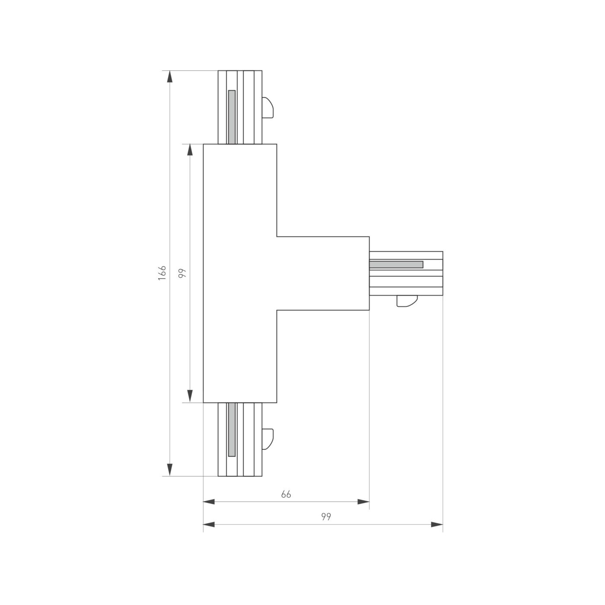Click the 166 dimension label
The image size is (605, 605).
pyautogui.click(x=162, y=273)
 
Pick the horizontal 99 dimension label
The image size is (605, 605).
pyautogui.click(x=326, y=517)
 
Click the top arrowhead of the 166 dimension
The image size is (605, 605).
pyautogui.click(x=170, y=76)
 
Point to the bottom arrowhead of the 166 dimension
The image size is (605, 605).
pyautogui.click(x=170, y=470)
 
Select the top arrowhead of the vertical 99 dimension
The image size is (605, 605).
pyautogui.click(x=190, y=150)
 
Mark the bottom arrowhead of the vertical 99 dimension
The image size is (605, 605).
pyautogui.click(x=190, y=396)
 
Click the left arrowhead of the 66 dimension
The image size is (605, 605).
pyautogui.click(x=209, y=502)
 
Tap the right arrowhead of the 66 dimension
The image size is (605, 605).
pyautogui.click(x=363, y=502)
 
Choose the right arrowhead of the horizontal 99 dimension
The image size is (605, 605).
pyautogui.click(x=437, y=525)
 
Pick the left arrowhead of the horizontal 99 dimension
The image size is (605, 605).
pyautogui.click(x=209, y=525)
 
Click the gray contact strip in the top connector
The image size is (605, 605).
pyautogui.click(x=232, y=117)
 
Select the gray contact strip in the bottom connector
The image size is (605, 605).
pyautogui.click(x=232, y=429)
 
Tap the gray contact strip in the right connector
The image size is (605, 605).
pyautogui.click(x=396, y=264)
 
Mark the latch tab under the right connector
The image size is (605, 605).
pyautogui.click(x=407, y=301)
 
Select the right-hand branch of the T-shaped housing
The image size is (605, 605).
pyautogui.click(x=323, y=273)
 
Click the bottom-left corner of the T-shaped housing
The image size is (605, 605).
pyautogui.click(x=204, y=402)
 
